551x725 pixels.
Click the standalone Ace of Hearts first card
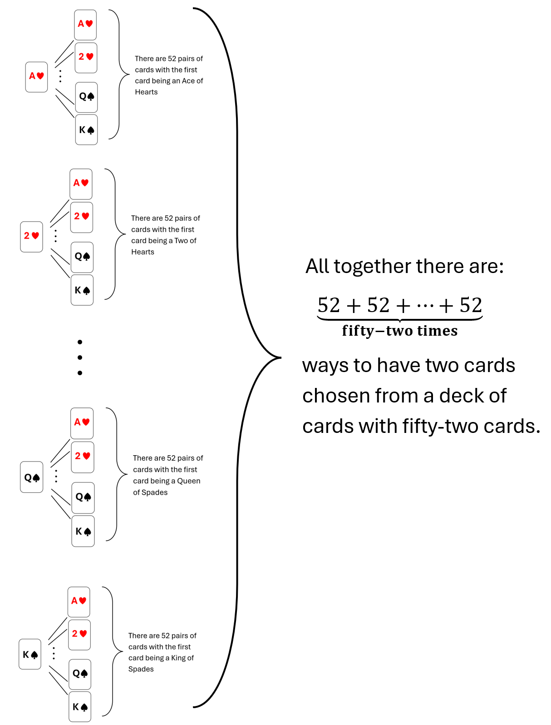pyautogui.click(x=36, y=77)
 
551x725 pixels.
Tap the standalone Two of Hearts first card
pyautogui.click(x=31, y=236)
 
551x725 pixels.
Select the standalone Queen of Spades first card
pyautogui.click(x=32, y=477)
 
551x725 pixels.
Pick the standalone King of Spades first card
pyautogui.click(x=30, y=654)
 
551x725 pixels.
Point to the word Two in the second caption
pyautogui.click(x=181, y=241)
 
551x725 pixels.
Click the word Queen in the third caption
pyautogui.click(x=188, y=481)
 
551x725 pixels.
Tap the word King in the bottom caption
pyautogui.click(x=178, y=658)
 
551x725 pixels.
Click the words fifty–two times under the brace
pyautogui.click(x=399, y=331)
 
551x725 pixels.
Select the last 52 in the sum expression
pyautogui.click(x=470, y=305)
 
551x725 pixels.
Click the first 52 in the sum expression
pyautogui.click(x=329, y=305)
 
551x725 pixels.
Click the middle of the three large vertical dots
pyautogui.click(x=80, y=358)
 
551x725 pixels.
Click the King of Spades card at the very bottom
pyautogui.click(x=80, y=707)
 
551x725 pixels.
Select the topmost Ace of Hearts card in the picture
pyautogui.click(x=85, y=25)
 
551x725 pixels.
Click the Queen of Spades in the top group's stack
pyautogui.click(x=86, y=97)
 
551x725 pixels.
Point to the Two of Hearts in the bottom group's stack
pyautogui.click(x=79, y=634)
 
